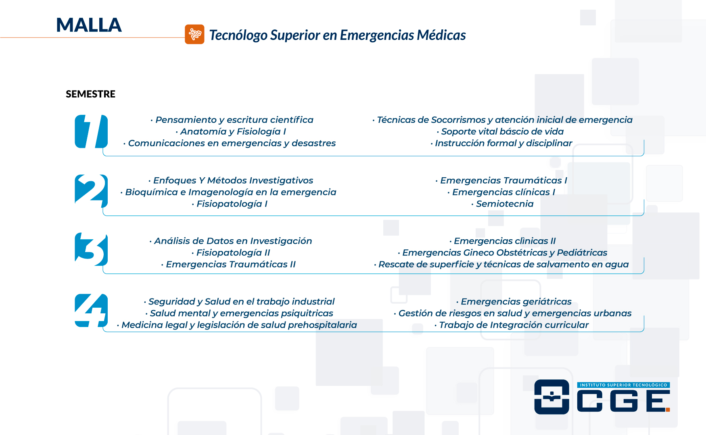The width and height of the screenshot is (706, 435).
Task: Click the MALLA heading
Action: [x=89, y=25]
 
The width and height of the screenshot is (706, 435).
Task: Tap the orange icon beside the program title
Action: [x=194, y=34]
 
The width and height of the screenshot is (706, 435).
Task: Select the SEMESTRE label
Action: [x=90, y=94]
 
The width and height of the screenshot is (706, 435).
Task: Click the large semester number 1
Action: [x=91, y=131]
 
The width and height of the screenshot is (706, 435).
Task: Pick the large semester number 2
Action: [x=91, y=191]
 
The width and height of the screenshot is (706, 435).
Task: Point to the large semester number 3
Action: [x=91, y=249]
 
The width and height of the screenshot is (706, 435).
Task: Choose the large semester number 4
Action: [x=91, y=311]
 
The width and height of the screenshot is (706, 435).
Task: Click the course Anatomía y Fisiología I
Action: [x=231, y=132]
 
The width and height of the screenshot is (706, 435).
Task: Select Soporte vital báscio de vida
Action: [x=500, y=132]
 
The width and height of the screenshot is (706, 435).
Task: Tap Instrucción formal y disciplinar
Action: [x=501, y=143]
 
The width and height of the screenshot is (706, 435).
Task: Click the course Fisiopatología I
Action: [x=230, y=204]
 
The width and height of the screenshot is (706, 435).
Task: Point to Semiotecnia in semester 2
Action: [x=502, y=204]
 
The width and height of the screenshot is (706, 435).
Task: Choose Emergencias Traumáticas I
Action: [x=501, y=180]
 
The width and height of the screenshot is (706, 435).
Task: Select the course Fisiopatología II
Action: [x=231, y=253]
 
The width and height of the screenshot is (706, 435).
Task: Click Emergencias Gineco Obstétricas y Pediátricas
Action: [x=503, y=253]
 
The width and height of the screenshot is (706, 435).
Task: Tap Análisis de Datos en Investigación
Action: [x=231, y=241]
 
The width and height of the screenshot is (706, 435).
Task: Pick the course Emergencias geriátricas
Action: [x=514, y=302]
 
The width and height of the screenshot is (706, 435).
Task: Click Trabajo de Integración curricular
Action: [x=512, y=325]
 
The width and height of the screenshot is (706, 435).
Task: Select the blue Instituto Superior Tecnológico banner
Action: [x=623, y=385]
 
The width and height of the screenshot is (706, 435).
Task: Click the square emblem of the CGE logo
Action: [x=551, y=397]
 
